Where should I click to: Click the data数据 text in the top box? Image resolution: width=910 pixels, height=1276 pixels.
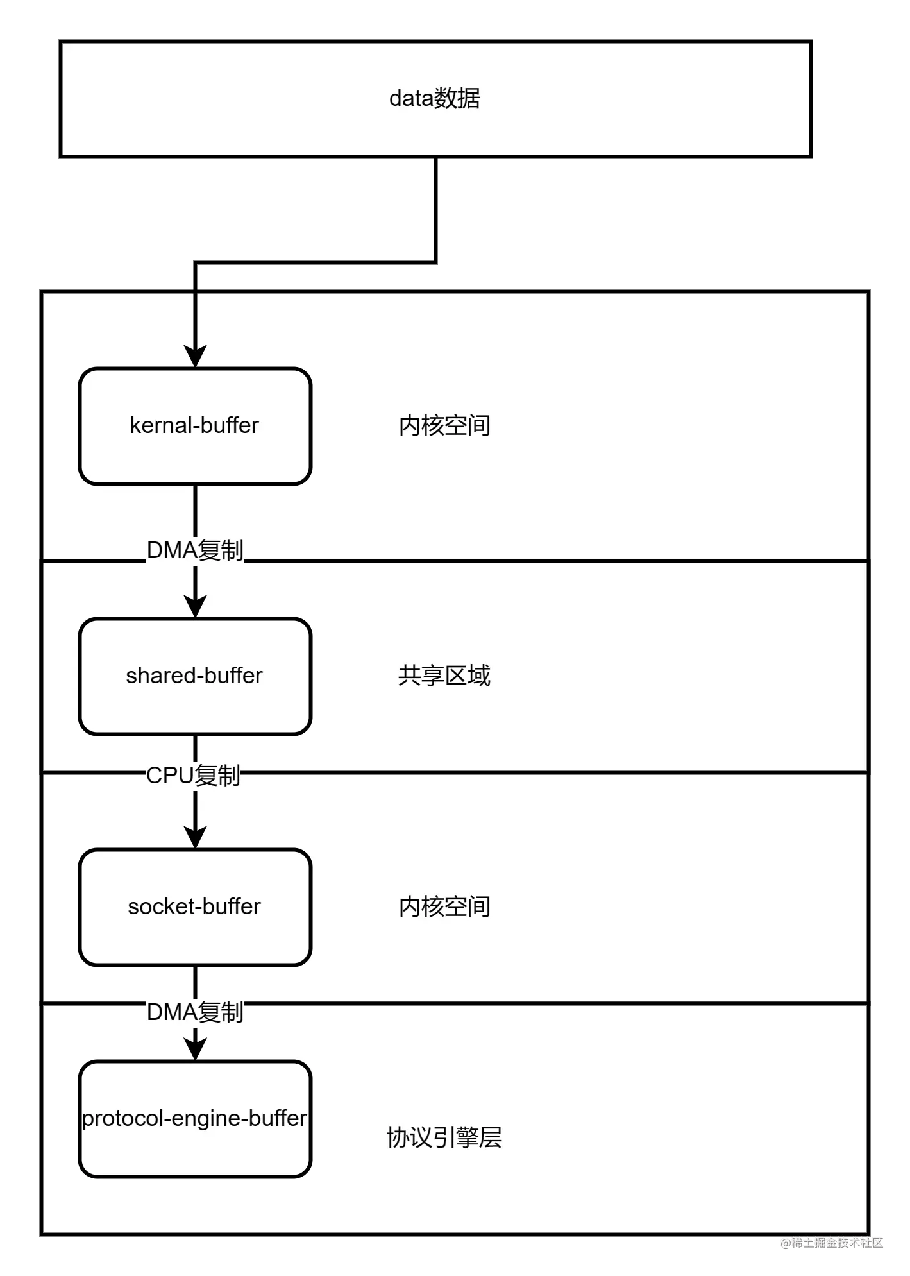pos(435,98)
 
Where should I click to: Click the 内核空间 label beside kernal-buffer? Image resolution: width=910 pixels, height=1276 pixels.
pos(444,425)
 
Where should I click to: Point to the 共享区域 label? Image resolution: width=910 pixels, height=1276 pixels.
pos(444,676)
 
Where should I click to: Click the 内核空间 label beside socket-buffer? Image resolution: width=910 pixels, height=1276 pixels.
pos(444,906)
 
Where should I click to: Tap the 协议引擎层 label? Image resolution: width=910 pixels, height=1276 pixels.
pos(444,1137)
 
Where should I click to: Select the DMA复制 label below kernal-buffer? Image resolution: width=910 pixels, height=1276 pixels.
pos(195,550)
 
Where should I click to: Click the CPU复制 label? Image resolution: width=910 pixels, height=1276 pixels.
pos(194,776)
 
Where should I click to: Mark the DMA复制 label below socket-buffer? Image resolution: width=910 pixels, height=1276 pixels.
pos(195,1012)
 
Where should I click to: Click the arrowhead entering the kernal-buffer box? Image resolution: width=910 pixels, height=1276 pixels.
pos(195,356)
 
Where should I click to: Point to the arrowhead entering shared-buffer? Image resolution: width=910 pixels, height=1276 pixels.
pos(195,606)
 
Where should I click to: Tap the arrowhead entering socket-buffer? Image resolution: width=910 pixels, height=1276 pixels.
pos(195,837)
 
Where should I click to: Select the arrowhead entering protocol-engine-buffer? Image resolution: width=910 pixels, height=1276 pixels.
pos(195,1049)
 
